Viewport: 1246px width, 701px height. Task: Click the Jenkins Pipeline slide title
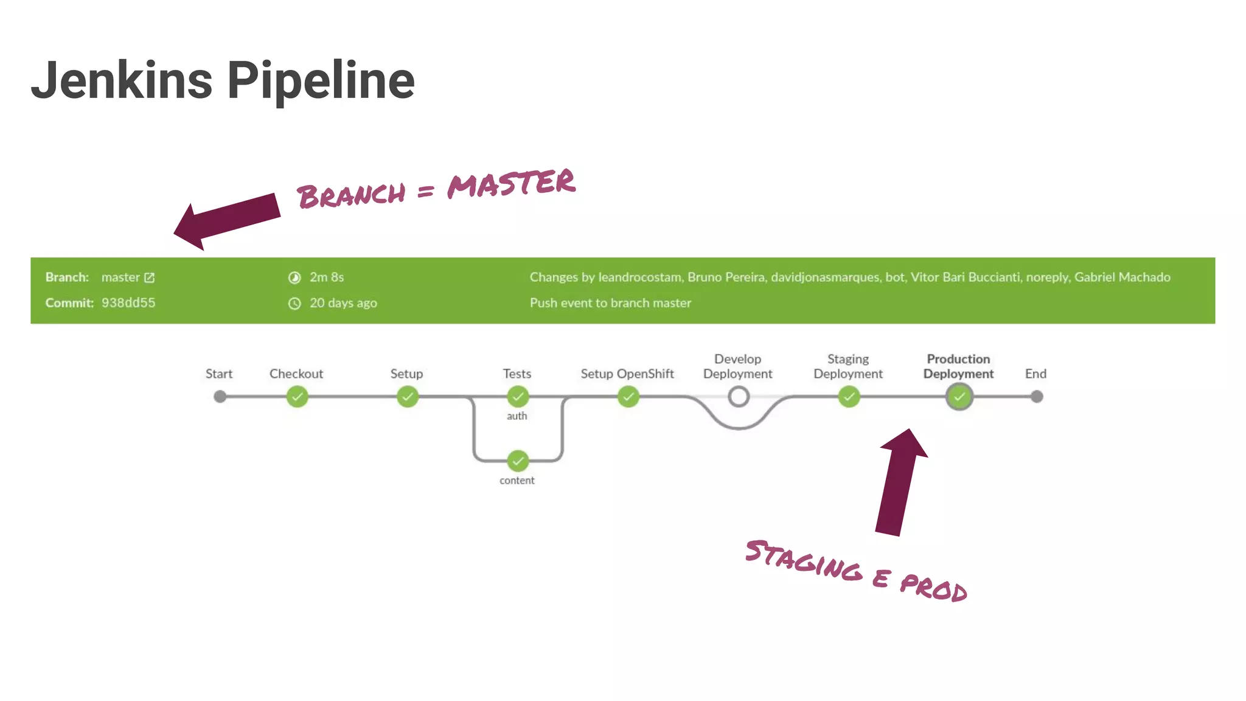(x=223, y=80)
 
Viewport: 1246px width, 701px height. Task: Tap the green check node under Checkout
(x=297, y=397)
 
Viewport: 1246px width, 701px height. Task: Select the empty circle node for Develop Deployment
(x=738, y=397)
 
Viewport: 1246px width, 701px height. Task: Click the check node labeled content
(x=517, y=461)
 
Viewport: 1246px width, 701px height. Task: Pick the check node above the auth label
(x=517, y=397)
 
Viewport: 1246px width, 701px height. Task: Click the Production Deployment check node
(x=959, y=397)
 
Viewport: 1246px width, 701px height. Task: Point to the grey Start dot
(x=220, y=397)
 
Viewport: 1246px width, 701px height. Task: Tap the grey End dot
(x=1037, y=397)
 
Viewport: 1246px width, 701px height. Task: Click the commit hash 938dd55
(x=128, y=302)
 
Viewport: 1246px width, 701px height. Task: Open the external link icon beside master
(x=149, y=277)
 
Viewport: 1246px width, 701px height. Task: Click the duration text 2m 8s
(x=327, y=277)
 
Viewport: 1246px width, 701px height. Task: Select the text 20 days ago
(x=343, y=303)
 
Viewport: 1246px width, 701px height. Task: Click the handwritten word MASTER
(x=511, y=184)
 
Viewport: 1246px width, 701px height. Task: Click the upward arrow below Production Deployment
(x=899, y=481)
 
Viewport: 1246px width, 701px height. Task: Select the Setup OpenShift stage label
(x=627, y=374)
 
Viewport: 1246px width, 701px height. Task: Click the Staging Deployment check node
(x=848, y=397)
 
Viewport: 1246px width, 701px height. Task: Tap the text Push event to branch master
(x=610, y=303)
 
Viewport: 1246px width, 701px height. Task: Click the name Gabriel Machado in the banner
(x=1122, y=277)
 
